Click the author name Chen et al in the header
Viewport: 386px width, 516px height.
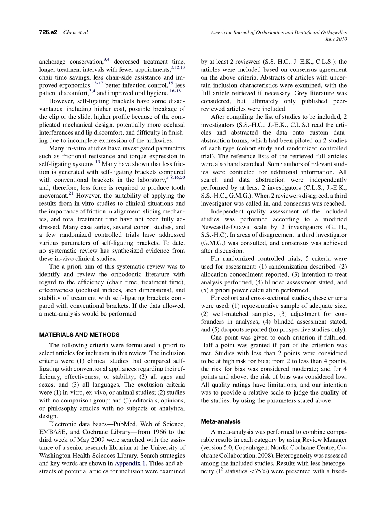coord(76,32)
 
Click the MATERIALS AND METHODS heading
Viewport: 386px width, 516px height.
coord(79,335)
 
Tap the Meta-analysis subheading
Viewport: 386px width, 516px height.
coord(221,421)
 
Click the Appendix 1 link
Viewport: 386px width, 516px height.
coord(128,463)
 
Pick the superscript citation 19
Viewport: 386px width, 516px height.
coord(98,162)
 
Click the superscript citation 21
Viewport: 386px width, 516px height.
coord(71,194)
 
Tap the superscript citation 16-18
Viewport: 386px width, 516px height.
coord(175,91)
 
